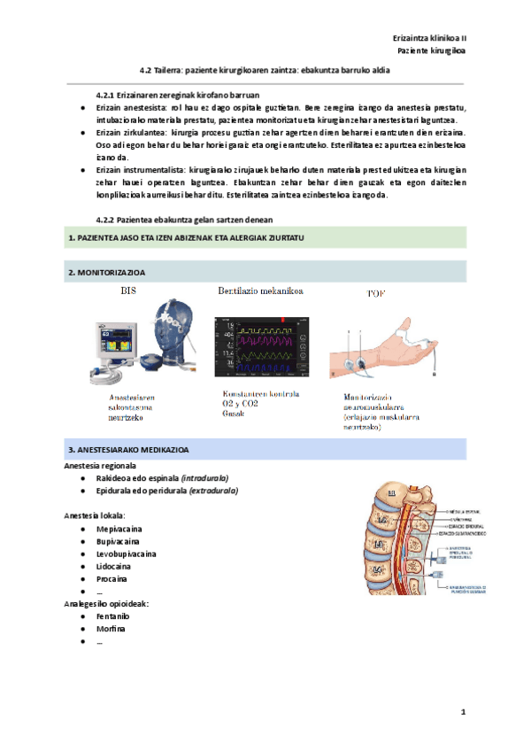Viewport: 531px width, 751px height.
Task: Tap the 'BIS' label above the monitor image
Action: tap(129, 290)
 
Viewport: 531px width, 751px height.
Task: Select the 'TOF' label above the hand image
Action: tap(375, 292)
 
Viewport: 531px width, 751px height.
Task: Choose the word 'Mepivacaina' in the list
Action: tap(120, 529)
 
